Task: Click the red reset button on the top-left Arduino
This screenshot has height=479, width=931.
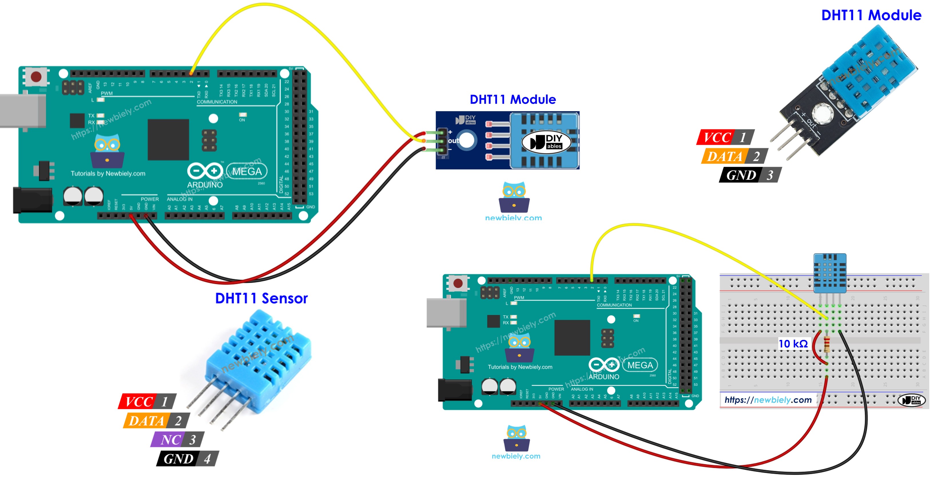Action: (36, 77)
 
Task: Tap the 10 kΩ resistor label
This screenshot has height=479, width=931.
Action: (793, 344)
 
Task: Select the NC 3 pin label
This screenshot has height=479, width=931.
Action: (177, 440)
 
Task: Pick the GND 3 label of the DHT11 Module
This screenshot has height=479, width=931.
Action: (750, 175)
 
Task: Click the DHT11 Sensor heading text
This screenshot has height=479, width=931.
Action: (261, 298)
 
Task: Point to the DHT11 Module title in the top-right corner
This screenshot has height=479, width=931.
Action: (871, 15)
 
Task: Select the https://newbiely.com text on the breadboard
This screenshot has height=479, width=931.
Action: (768, 400)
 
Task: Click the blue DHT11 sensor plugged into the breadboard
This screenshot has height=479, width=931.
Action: (830, 273)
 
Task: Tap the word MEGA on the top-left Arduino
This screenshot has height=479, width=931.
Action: (247, 171)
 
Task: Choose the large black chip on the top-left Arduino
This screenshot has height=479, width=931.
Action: (168, 140)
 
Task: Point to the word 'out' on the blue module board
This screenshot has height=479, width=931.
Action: (453, 141)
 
